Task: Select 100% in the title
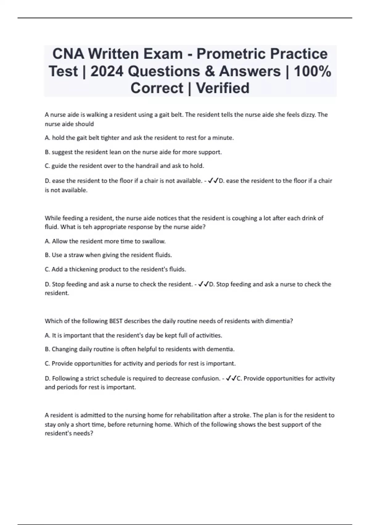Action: point(312,71)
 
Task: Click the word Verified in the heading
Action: point(223,88)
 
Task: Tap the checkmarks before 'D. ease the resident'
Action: point(213,181)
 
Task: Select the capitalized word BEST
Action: point(116,321)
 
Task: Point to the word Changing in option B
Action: point(64,349)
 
